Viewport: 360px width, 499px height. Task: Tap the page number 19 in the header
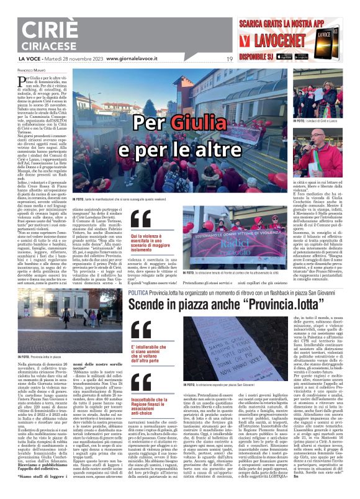(229, 59)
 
